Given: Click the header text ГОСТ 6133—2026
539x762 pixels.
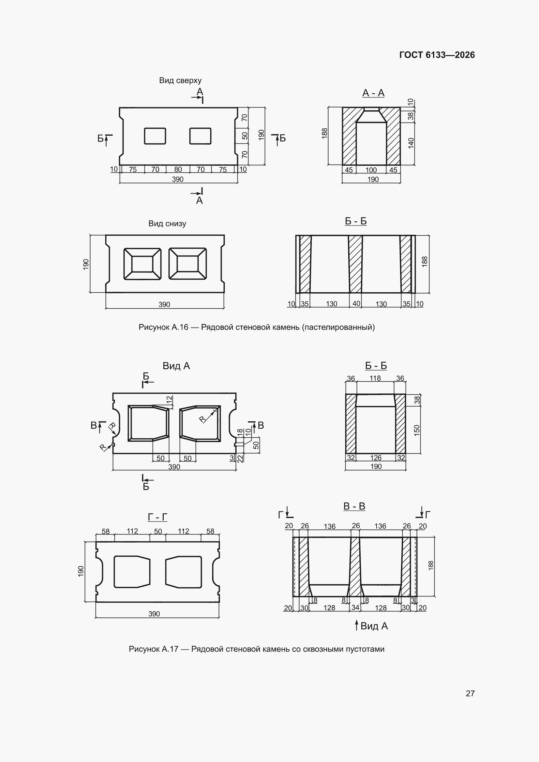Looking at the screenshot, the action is [437, 55].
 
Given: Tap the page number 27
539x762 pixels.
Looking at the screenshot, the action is [470, 693].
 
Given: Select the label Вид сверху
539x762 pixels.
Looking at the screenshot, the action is [180, 80].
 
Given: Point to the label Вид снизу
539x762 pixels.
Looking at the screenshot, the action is [167, 223].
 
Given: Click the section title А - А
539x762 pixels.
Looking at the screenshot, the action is [373, 93].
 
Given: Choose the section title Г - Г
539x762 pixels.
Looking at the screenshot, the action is [157, 517].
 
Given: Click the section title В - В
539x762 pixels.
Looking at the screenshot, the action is [354, 506].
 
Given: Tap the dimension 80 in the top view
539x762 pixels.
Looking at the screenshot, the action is [178, 169].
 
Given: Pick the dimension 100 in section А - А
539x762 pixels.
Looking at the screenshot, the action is [371, 170].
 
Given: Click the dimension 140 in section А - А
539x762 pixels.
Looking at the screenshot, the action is [411, 143].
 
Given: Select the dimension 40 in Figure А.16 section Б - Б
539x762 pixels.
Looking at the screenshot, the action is [356, 303].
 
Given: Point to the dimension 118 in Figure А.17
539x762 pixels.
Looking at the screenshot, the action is [375, 378].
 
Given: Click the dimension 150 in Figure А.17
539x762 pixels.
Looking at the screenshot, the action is [417, 430].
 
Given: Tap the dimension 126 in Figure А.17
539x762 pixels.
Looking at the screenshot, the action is [376, 458].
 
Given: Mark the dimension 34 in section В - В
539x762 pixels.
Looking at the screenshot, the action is [355, 607].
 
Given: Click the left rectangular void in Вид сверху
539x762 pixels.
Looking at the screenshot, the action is [155, 136].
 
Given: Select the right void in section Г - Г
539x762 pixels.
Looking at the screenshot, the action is [184, 572].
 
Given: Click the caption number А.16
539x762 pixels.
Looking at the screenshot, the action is [180, 327].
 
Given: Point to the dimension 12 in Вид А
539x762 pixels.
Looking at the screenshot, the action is [169, 400].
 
